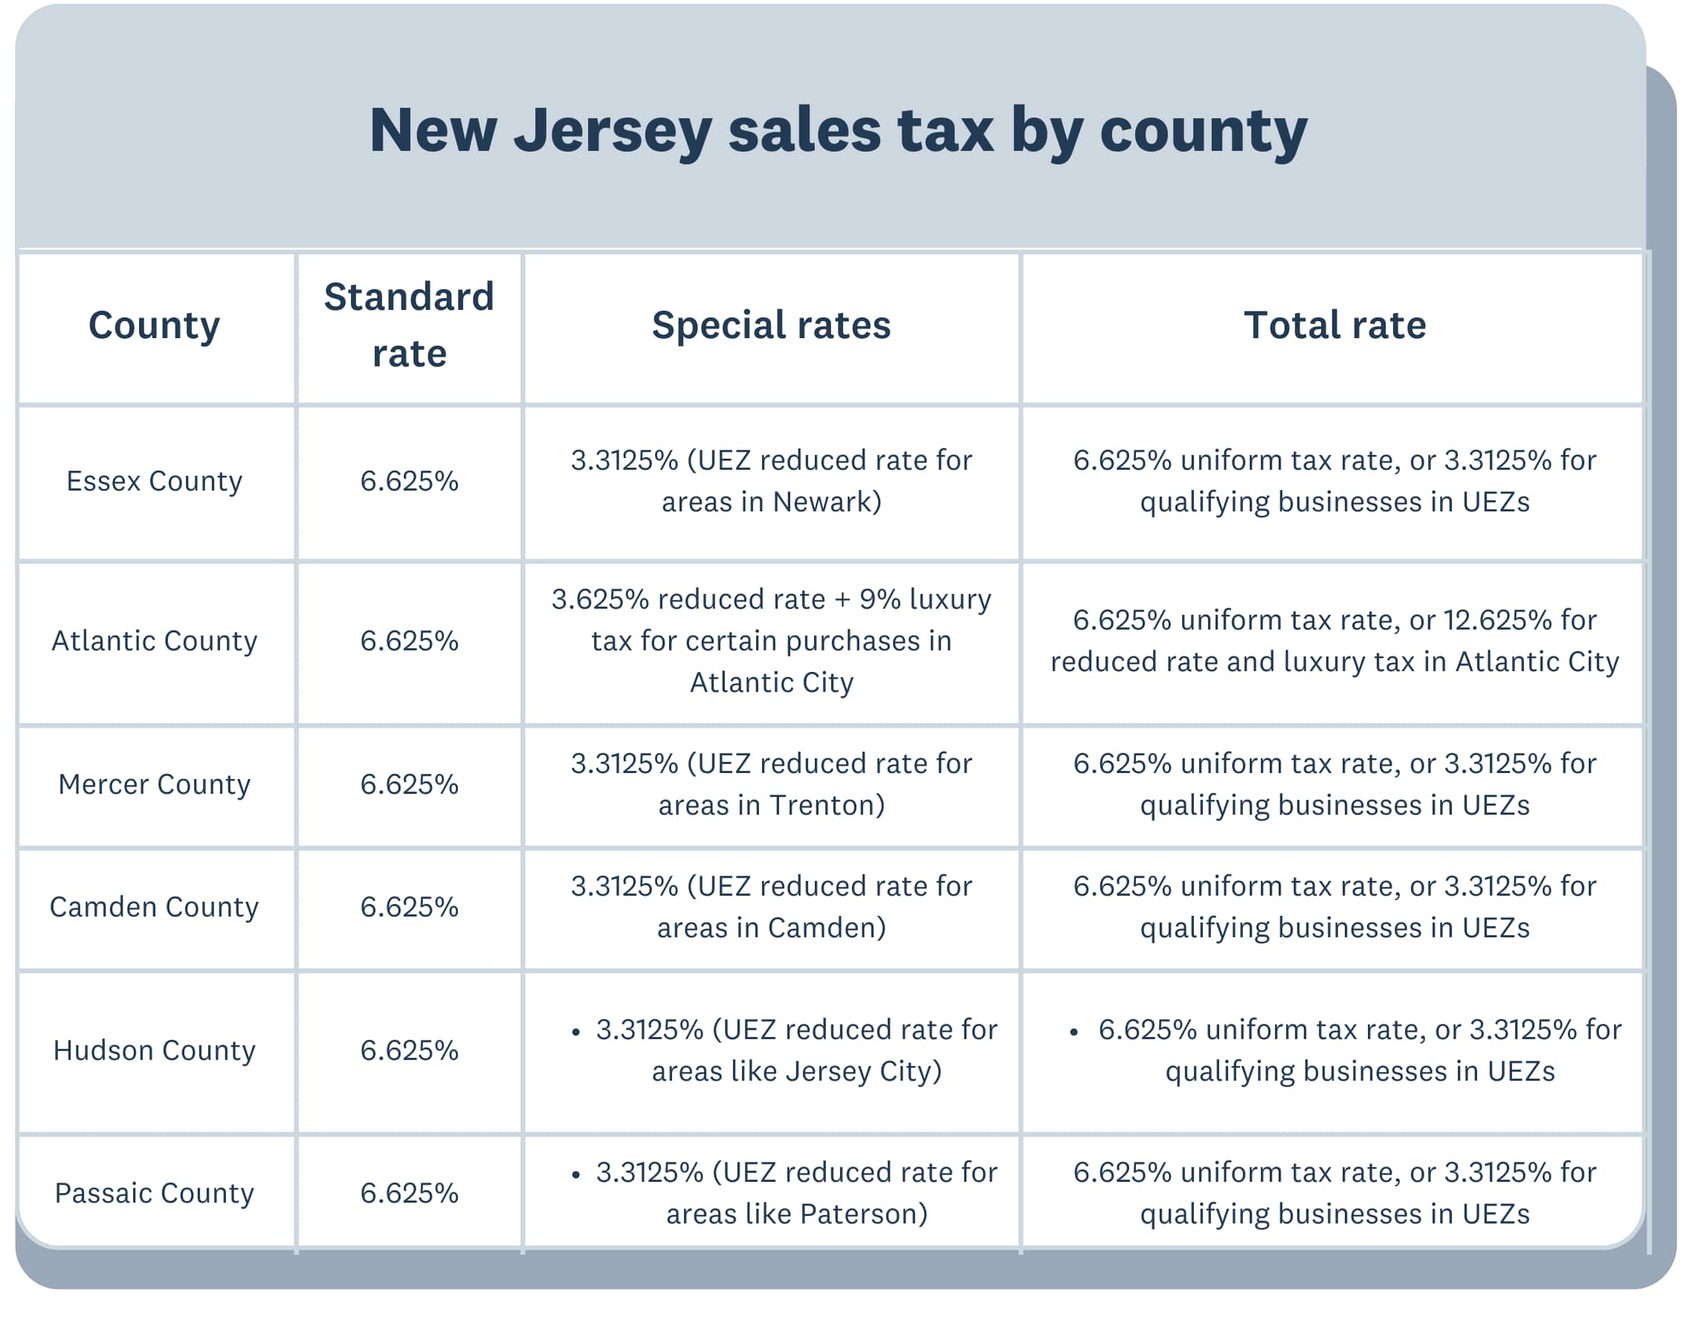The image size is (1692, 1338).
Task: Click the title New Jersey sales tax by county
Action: point(837,130)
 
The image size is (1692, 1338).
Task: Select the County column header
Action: point(155,324)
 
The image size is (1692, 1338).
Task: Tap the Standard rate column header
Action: point(409,324)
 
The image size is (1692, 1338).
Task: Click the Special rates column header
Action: point(771,324)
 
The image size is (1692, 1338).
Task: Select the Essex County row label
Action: point(155,480)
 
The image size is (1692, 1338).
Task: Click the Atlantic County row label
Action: point(155,640)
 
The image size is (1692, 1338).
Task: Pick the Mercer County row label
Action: point(155,783)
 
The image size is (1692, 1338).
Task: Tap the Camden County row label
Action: point(155,906)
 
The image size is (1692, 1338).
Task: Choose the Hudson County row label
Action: point(155,1050)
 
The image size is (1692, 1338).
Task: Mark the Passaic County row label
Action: point(155,1192)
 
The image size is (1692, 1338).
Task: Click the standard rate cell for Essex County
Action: point(409,480)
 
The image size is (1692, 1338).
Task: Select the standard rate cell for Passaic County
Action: point(409,1192)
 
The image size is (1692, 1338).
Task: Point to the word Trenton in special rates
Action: point(826,804)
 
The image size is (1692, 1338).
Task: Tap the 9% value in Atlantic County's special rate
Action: point(879,598)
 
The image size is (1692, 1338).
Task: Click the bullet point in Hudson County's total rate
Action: point(1074,1032)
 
